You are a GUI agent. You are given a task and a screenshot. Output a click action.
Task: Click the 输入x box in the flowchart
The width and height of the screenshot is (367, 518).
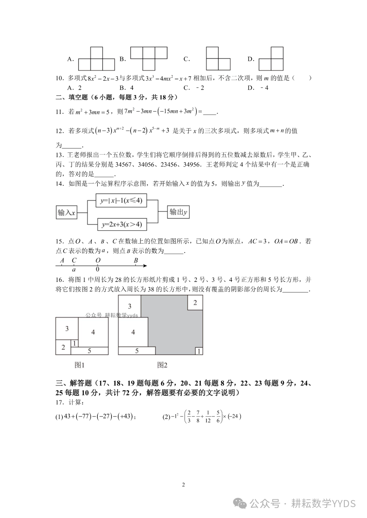coord(66,213)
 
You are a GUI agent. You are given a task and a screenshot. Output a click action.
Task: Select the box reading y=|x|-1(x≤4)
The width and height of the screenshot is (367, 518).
coord(121,200)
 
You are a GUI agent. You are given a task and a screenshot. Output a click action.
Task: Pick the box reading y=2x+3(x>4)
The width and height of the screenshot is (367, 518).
coord(122,224)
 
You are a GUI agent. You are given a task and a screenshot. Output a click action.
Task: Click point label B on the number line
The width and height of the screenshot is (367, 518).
coord(136,261)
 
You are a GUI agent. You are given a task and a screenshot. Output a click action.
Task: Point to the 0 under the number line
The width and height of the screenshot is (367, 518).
coord(98,270)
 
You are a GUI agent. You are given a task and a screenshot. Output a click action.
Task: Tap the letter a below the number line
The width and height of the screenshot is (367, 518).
coord(74,270)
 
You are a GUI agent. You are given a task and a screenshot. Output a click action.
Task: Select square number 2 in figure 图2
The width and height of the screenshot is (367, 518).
coord(195,303)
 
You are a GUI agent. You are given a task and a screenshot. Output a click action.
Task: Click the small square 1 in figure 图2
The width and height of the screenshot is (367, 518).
coord(199,351)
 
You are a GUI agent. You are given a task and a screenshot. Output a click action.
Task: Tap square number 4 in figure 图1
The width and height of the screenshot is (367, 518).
coord(93,332)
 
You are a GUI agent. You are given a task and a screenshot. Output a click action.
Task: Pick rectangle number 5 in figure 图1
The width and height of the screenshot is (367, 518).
coord(89,351)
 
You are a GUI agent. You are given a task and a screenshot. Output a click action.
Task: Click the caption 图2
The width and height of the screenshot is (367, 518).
coord(162,365)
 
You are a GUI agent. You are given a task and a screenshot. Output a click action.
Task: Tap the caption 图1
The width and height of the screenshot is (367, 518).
coord(79,365)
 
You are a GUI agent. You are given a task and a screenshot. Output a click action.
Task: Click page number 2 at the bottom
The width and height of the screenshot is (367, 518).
coord(183,485)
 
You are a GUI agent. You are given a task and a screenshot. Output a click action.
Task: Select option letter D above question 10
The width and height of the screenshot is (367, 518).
coord(251,59)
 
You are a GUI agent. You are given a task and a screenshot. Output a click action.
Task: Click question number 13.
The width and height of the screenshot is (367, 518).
coord(59,155)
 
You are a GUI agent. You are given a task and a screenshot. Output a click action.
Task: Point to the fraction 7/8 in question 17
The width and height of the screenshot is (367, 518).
coord(198,417)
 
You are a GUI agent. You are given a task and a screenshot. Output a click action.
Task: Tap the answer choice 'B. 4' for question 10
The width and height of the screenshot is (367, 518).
coord(126,88)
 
